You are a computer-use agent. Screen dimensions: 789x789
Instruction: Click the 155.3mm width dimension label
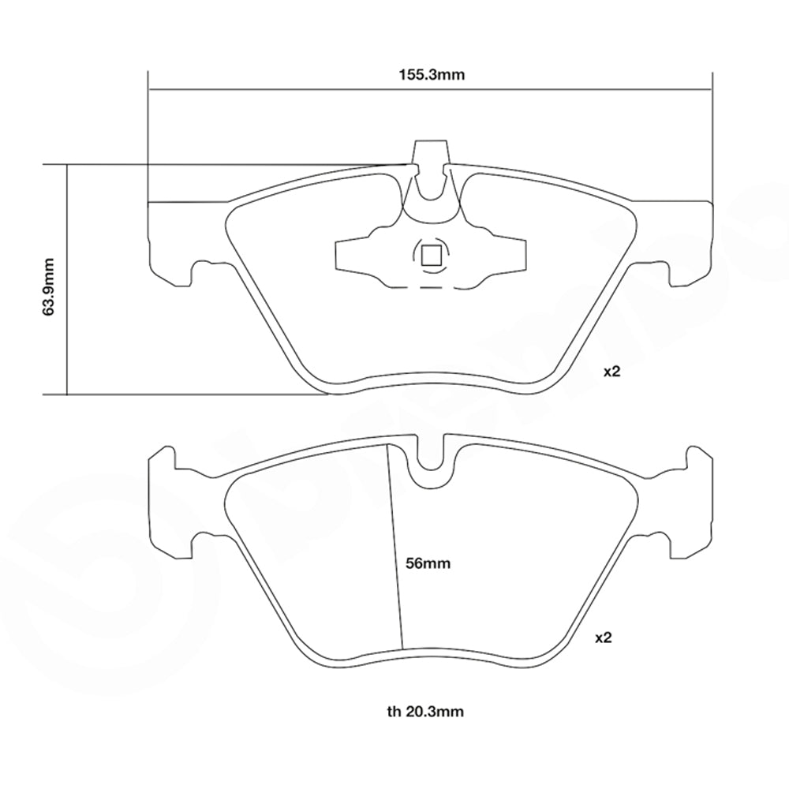(x=430, y=76)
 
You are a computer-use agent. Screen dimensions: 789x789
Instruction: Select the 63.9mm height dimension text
(x=49, y=286)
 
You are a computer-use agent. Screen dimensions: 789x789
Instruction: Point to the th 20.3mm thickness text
(x=425, y=712)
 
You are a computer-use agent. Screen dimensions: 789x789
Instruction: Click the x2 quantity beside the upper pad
(x=613, y=372)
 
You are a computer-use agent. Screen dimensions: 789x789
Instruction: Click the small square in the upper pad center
(x=430, y=255)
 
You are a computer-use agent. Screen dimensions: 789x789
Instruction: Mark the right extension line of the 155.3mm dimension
(x=712, y=134)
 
